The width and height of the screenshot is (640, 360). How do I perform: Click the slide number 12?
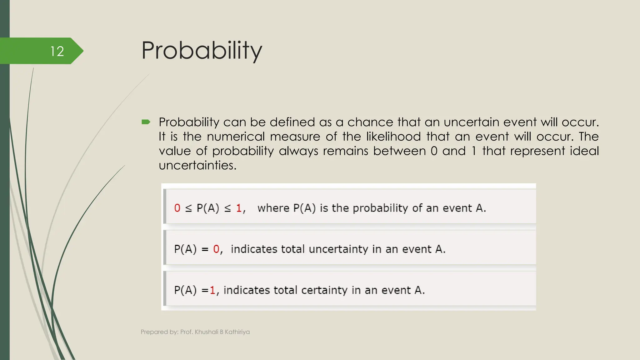pyautogui.click(x=57, y=51)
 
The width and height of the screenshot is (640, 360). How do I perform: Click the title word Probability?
pyautogui.click(x=202, y=51)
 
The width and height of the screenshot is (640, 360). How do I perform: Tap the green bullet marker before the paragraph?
pyautogui.click(x=146, y=122)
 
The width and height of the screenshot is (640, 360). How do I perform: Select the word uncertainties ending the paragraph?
pyautogui.click(x=197, y=165)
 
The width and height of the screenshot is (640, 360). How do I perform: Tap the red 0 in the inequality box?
pyautogui.click(x=177, y=208)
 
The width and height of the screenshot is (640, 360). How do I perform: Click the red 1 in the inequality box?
pyautogui.click(x=239, y=208)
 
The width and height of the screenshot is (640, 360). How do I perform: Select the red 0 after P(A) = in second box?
pyautogui.click(x=216, y=249)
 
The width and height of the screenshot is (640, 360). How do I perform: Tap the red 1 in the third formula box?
pyautogui.click(x=212, y=290)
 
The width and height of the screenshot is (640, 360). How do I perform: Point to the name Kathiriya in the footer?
pyautogui.click(x=237, y=332)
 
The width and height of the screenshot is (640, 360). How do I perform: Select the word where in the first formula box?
pyautogui.click(x=273, y=208)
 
